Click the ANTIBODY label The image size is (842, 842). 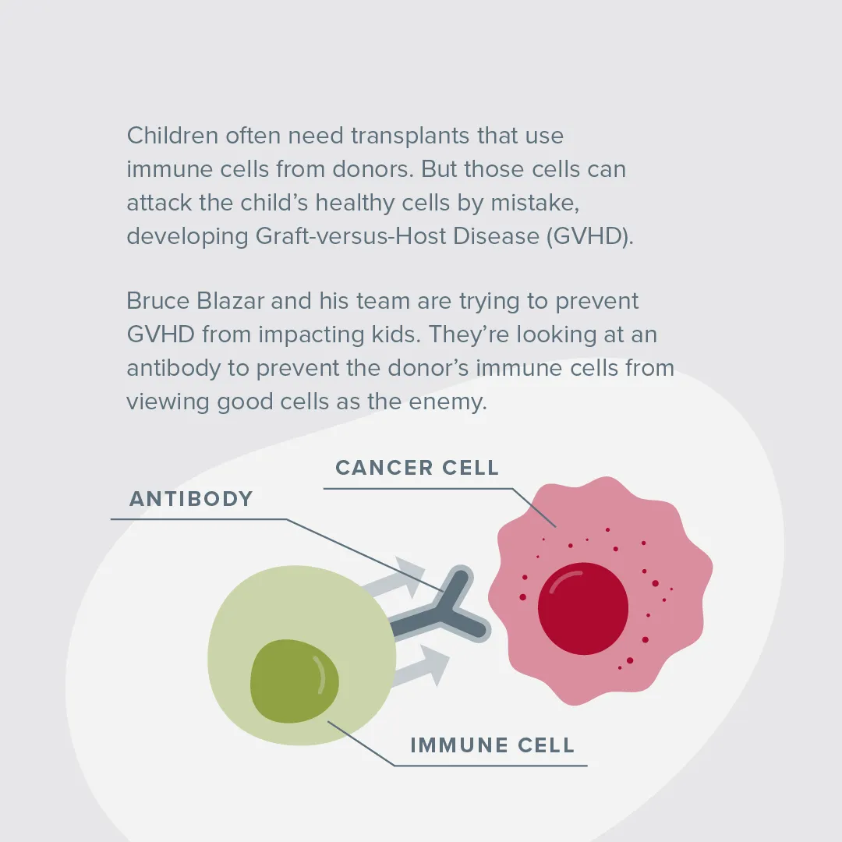[x=191, y=499]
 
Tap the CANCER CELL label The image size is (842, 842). [x=417, y=468]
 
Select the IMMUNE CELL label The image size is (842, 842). [x=493, y=745]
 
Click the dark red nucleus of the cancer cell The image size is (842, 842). [x=583, y=608]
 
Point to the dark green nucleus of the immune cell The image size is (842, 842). [x=294, y=681]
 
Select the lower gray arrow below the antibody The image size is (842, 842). [x=420, y=667]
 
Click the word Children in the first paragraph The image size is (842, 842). [x=172, y=136]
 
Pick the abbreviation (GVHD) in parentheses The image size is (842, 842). [x=590, y=235]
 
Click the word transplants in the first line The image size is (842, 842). [x=410, y=136]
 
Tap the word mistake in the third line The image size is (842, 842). [x=535, y=203]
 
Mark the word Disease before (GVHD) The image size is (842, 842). [x=496, y=235]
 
